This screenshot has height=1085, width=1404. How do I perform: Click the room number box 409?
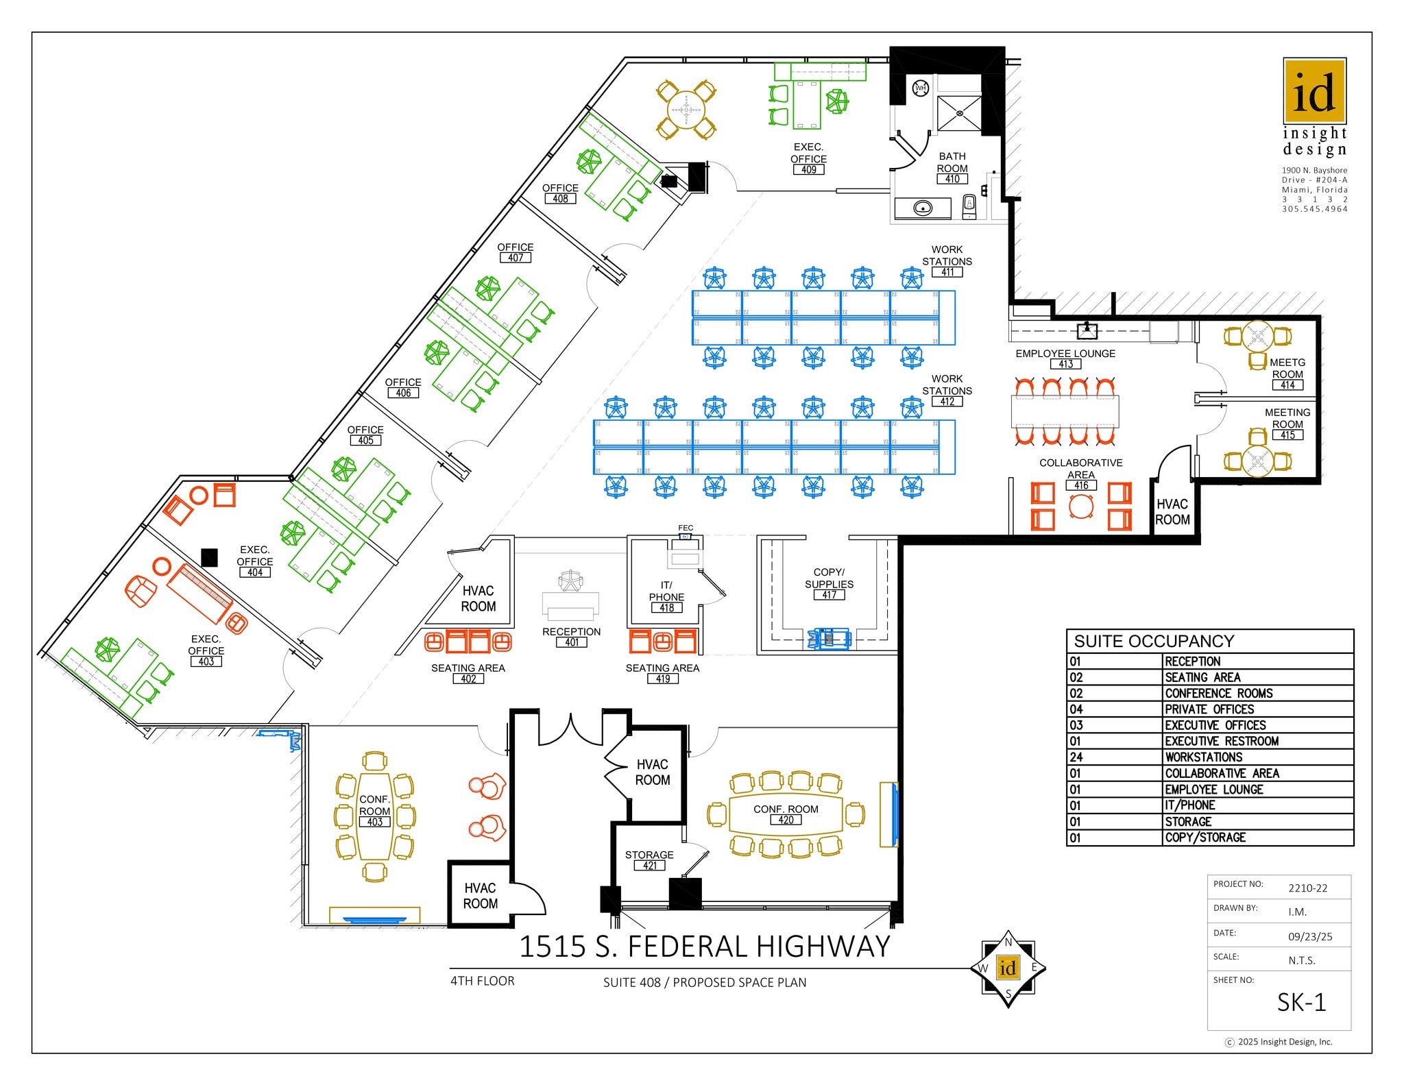pyautogui.click(x=809, y=169)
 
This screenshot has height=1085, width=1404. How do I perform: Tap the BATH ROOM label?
pyautogui.click(x=952, y=162)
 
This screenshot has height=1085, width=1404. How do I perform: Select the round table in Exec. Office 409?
pyautogui.click(x=686, y=110)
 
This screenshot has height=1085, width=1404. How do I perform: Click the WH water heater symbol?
pyautogui.click(x=920, y=88)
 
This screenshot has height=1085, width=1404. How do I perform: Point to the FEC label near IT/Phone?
pyautogui.click(x=686, y=528)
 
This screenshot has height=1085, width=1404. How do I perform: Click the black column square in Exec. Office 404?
pyautogui.click(x=209, y=557)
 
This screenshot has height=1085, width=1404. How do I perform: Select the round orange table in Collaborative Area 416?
pyautogui.click(x=1081, y=507)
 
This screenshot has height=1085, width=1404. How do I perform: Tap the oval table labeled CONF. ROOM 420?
pyautogui.click(x=786, y=814)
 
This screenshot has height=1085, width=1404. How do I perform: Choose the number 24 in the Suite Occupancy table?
pyautogui.click(x=1076, y=757)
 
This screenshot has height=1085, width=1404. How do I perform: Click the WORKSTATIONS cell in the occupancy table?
pyautogui.click(x=1204, y=757)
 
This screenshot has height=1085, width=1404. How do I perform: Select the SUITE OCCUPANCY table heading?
pyautogui.click(x=1154, y=642)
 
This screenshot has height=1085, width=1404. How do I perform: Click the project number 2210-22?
pyautogui.click(x=1307, y=888)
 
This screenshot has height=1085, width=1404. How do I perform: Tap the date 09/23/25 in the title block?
pyautogui.click(x=1310, y=936)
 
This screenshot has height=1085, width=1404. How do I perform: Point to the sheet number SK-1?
pyautogui.click(x=1301, y=1003)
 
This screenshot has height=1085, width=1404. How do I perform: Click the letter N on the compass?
pyautogui.click(x=1008, y=942)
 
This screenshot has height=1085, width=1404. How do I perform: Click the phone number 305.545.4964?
pyautogui.click(x=1314, y=209)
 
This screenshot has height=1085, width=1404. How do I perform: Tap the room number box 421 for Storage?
pyautogui.click(x=649, y=866)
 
